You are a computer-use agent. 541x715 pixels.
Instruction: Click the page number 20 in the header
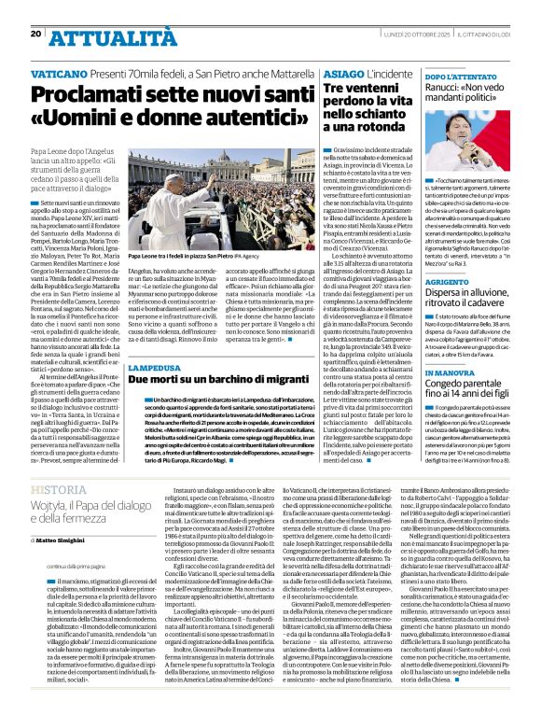click(x=36, y=34)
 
